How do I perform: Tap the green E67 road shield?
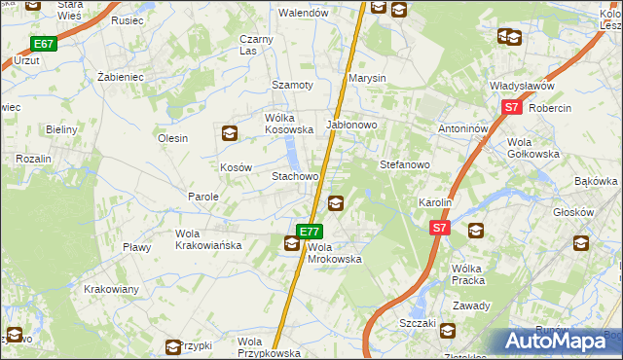coord(44,44)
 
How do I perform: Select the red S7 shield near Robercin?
coord(513,109)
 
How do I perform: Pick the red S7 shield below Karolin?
coord(440,228)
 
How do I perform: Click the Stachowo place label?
coord(295,177)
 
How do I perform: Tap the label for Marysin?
coord(368,78)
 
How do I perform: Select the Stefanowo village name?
coord(404,165)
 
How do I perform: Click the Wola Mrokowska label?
coord(335,253)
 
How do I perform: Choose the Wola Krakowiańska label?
coord(207,239)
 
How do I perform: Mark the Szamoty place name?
coord(292,85)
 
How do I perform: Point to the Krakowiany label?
coord(111,290)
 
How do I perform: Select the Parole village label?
coord(203,197)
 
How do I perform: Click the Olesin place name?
coord(172,138)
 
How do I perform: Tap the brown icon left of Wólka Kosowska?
coord(229,133)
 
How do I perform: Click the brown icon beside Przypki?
coord(173,345)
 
